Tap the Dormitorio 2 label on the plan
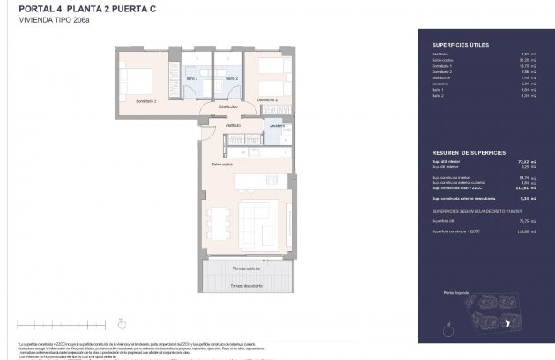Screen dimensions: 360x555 pyautogui.click(x=268, y=100)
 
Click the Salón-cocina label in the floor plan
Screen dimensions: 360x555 pyautogui.click(x=221, y=165)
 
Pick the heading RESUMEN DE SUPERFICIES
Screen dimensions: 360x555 pyautogui.click(x=467, y=153)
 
